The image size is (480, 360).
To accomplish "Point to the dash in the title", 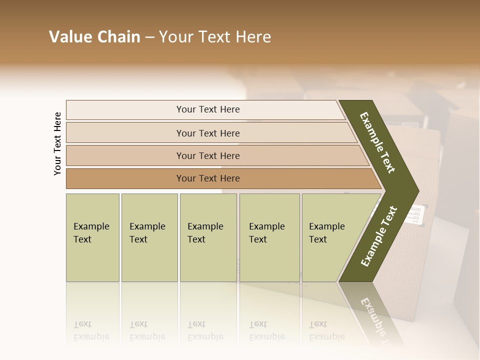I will (x=149, y=37).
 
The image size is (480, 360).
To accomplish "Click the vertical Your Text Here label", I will (x=57, y=143).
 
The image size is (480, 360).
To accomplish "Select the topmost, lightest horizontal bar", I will (x=208, y=109).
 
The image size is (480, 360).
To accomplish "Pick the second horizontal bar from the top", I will (x=208, y=133).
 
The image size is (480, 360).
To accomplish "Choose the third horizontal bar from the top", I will (x=208, y=155).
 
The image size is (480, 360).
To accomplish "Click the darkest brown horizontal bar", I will (x=208, y=178).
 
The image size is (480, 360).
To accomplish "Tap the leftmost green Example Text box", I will (x=92, y=237).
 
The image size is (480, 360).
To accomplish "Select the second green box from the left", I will (x=149, y=237).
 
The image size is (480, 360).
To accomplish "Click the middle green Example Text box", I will (x=208, y=237).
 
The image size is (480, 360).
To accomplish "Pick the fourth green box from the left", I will (x=269, y=237).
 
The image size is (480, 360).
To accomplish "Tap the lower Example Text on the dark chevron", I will (x=378, y=236).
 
